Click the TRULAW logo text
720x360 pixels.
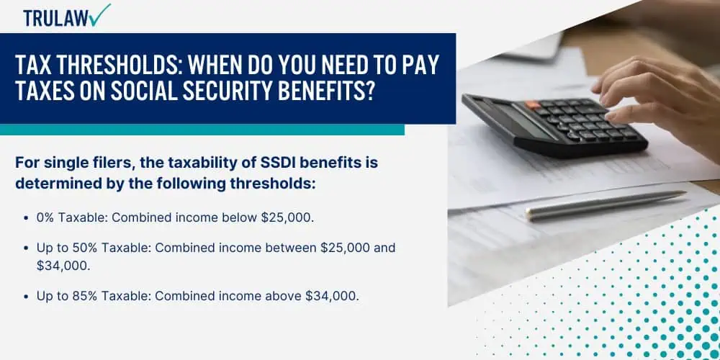tap(56, 18)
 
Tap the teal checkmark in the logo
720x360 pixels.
tap(100, 14)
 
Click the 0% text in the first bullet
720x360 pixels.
tap(46, 217)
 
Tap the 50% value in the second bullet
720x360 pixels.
tap(84, 248)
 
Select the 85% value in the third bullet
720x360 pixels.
tap(84, 296)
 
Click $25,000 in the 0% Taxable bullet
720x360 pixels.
tap(287, 217)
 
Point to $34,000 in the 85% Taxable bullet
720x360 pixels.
tap(331, 296)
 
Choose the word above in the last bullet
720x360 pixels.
tap(283, 296)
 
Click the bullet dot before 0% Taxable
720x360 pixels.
tap(27, 218)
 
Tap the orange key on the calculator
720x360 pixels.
tap(533, 104)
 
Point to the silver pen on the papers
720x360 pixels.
tap(606, 204)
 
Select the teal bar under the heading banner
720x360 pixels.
tap(202, 130)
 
